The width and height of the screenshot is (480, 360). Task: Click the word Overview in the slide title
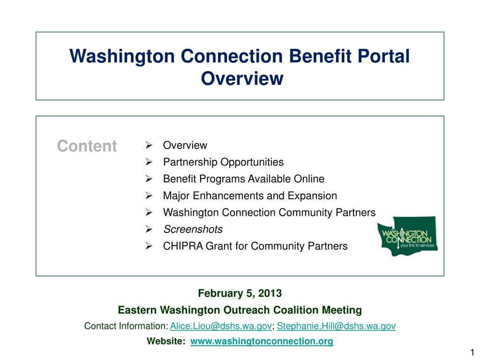[x=242, y=78]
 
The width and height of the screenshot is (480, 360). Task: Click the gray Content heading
[x=87, y=146]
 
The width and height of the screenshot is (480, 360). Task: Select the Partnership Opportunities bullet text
[x=223, y=162]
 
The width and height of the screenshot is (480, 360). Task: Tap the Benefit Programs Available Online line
[x=243, y=179]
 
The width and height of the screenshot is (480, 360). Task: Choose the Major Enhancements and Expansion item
[x=250, y=196]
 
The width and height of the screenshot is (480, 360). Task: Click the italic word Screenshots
[x=193, y=230]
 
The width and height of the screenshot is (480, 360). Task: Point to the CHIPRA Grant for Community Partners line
[x=255, y=246]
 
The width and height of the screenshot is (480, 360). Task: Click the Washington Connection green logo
[x=408, y=236]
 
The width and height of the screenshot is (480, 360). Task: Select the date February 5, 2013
[x=240, y=293]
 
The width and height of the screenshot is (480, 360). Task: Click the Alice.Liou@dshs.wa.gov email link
[x=221, y=326]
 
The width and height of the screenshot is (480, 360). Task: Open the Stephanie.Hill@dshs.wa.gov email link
[x=336, y=326]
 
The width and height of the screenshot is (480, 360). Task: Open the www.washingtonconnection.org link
[x=262, y=341]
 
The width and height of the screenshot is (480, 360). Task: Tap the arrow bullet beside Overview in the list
[x=149, y=145]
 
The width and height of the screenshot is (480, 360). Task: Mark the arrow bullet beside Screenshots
[x=149, y=230]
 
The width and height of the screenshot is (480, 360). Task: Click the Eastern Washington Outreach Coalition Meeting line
[x=240, y=310]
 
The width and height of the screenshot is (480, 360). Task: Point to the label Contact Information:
[x=126, y=326]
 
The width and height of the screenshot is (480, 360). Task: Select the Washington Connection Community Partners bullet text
[x=269, y=213]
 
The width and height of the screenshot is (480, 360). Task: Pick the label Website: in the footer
[x=166, y=341]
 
